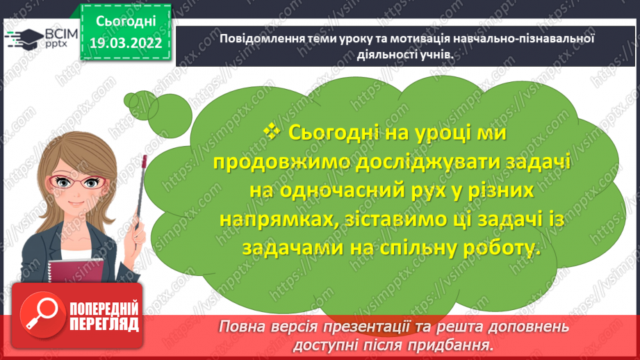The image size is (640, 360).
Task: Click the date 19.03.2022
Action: (x=125, y=43)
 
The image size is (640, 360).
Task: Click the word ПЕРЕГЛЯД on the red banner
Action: (x=104, y=323)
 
